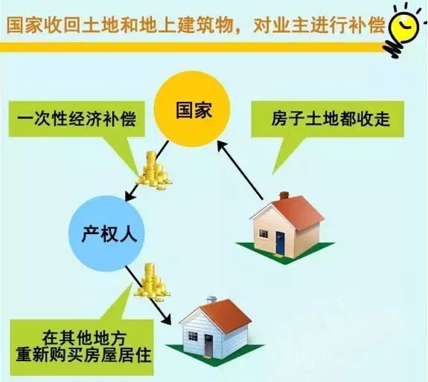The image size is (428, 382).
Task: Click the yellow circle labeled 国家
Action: tap(193, 109)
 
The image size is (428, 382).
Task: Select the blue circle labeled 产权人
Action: tap(107, 234)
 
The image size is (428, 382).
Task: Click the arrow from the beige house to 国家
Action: tap(240, 171)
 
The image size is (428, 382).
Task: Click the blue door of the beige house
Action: tap(280, 243)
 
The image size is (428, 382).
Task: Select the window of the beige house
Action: tap(263, 233)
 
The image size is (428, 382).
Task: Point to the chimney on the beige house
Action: tap(284, 195)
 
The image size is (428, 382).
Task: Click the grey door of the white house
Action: tap(208, 346)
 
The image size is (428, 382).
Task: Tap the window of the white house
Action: tap(193, 336)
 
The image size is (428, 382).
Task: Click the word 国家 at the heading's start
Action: tap(25, 25)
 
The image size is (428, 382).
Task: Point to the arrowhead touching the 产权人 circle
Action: tap(130, 195)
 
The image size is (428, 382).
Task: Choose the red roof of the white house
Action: tap(224, 314)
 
